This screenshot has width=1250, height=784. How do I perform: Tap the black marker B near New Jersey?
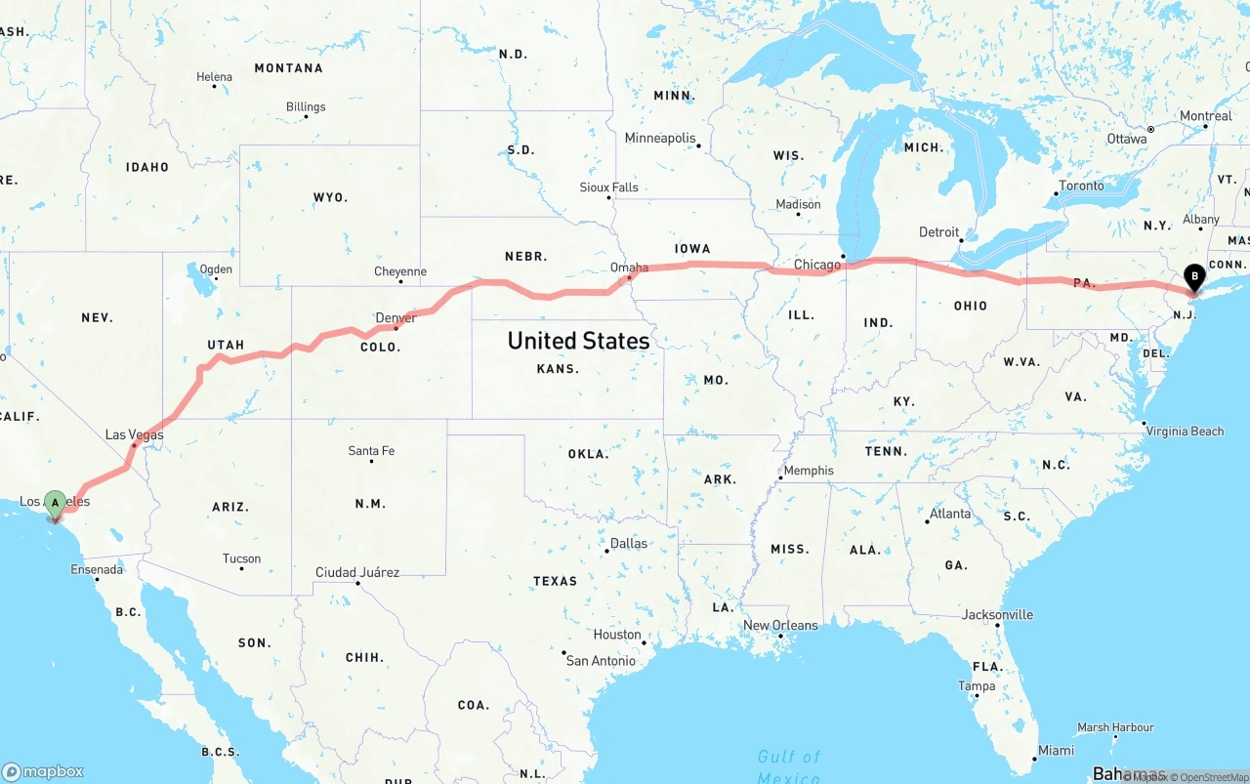pos(1193,277)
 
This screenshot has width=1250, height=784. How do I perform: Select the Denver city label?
pos(396,318)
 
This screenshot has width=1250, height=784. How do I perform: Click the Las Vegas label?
pos(134,434)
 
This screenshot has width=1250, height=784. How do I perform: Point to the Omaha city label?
pos(629,268)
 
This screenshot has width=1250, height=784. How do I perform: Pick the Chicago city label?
pos(816,265)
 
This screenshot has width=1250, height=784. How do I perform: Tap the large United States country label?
pos(578,341)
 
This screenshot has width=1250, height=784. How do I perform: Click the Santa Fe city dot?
pos(372,461)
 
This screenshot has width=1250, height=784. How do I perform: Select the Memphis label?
pos(809,471)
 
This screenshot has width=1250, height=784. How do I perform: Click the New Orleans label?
pos(780,625)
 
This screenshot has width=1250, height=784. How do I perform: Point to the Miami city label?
pos(1056,750)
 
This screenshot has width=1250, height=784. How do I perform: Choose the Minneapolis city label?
pos(660,138)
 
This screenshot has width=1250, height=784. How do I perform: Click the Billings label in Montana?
pos(306,106)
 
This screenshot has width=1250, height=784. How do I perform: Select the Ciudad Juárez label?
pos(356,572)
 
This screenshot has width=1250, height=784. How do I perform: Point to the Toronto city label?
pos(1081,186)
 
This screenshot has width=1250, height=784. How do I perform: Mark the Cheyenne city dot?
pos(401,282)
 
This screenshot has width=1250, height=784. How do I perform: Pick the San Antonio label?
pos(601,661)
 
